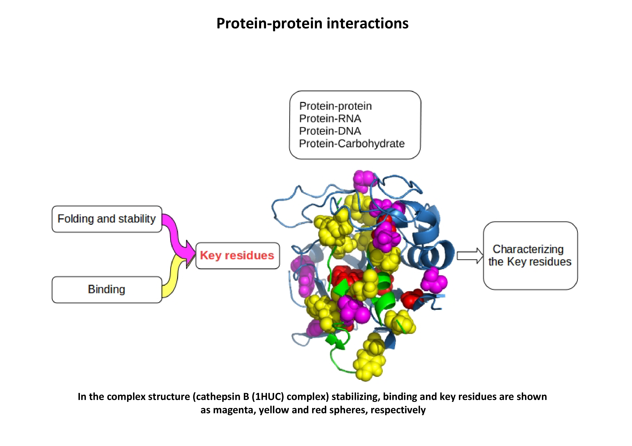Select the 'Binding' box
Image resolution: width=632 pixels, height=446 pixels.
pos(107,290)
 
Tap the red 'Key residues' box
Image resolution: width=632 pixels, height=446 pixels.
pos(238,256)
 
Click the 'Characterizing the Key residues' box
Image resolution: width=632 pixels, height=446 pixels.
pos(530,256)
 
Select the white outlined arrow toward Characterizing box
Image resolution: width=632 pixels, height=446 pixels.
pos(470,256)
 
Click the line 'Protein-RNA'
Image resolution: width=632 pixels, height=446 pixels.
pos(330,119)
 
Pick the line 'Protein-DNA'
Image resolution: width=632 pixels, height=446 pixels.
pos(330,131)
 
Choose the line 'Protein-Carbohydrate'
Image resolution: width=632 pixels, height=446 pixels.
pos(352,143)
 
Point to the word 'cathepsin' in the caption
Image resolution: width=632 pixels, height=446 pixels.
pos(218,397)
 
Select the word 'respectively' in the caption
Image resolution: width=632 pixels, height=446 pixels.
pos(398,410)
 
